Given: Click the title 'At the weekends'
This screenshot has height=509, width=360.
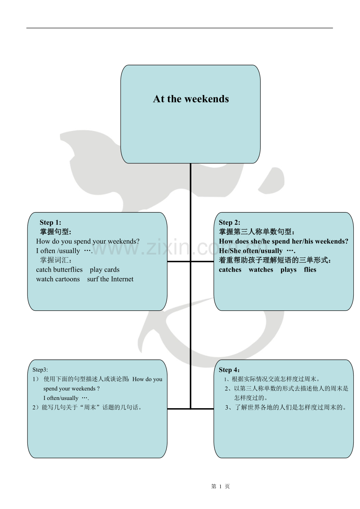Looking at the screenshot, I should pos(191,99).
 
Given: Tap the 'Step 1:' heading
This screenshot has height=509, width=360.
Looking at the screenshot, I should pos(50,222).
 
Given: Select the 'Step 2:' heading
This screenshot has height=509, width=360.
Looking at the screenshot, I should pos(230,222).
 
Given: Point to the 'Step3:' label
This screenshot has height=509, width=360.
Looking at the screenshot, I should pos(40,369).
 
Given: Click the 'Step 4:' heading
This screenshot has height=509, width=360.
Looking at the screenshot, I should pos(230,369).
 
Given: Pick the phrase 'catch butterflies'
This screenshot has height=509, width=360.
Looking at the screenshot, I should pos(59,269).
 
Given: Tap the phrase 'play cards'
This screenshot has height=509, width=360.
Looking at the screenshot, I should pos(104,269).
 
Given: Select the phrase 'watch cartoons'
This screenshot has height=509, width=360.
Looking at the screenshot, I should pos(58,279).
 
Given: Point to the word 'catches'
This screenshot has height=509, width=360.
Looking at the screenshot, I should pos(230,270).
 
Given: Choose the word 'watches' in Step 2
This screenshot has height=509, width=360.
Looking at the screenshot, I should pos(261,270).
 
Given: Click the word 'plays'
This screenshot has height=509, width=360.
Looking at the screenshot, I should pos(288,270).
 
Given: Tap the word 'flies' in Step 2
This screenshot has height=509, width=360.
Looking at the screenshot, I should pos(310,270).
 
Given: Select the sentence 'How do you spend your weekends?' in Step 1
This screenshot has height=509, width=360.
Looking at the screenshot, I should pos(88,241).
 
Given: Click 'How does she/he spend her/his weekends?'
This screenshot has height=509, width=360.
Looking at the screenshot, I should pos(283,241).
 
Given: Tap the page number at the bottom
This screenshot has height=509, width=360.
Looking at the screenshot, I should pos(220,486).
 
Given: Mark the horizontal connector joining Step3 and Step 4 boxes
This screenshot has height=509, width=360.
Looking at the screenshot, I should pos(191,409).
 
